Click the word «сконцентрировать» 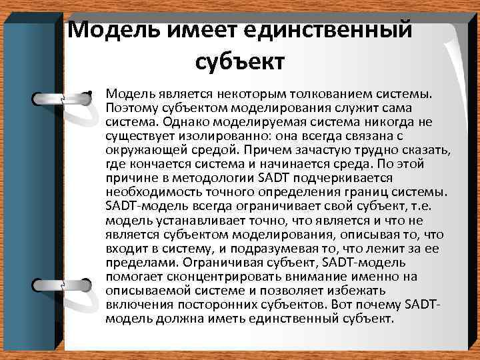click(209, 276)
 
